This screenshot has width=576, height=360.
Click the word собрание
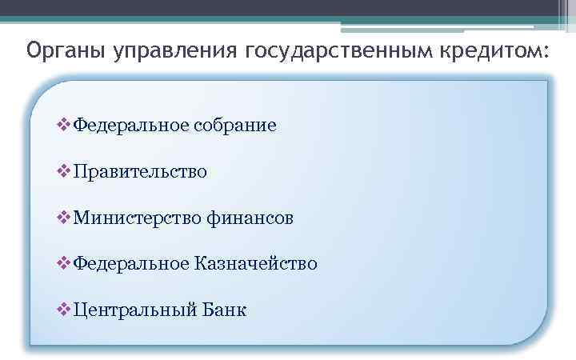pyautogui.click(x=234, y=126)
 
